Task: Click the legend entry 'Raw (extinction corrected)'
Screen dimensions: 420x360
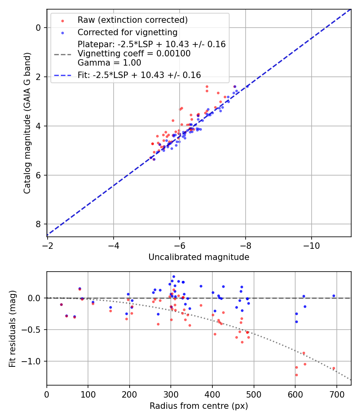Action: [132, 20]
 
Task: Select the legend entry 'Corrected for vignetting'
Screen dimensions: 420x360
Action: [127, 32]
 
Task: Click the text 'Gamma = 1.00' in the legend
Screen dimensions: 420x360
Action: [109, 62]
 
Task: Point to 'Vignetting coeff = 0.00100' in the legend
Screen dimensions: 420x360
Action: [134, 54]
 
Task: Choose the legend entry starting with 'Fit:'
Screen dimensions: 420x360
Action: [139, 75]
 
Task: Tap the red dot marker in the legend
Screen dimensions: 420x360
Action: [62, 20]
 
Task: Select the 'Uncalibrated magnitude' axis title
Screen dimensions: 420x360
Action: [199, 257]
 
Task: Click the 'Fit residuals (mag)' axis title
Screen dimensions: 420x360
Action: [13, 328]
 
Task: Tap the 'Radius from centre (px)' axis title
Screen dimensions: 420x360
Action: [199, 406]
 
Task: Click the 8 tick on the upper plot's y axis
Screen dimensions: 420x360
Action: [39, 224]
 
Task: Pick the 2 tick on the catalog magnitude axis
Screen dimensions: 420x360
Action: [39, 77]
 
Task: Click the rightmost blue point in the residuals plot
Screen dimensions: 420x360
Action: [334, 296]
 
